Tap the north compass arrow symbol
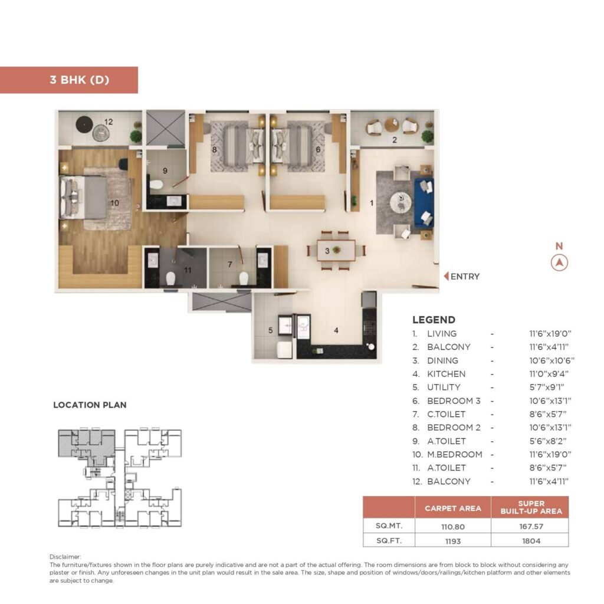[x=559, y=263]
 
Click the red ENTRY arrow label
[x=461, y=276]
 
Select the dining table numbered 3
[x=337, y=250]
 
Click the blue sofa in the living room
[x=424, y=203]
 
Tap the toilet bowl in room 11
[x=170, y=277]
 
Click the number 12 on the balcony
[x=109, y=122]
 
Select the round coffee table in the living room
[x=401, y=202]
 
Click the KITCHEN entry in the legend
[x=446, y=374]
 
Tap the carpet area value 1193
[x=452, y=540]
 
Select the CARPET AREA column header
[x=452, y=508]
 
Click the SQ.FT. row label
[x=389, y=540]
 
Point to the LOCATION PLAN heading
[x=90, y=405]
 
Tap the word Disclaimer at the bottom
[x=65, y=556]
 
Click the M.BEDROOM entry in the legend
[x=454, y=455]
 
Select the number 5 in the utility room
[x=271, y=331]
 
